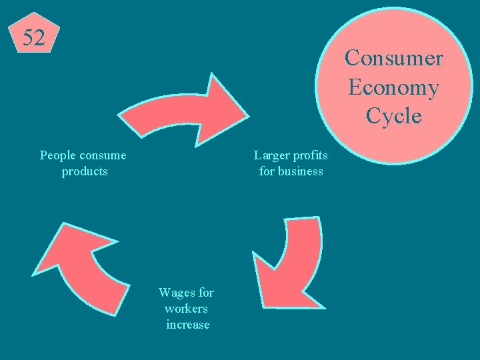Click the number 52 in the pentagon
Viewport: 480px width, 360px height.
[34, 38]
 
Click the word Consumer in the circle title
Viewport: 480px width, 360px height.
[393, 58]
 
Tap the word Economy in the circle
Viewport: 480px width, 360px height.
[393, 87]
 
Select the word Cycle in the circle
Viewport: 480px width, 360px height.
[393, 116]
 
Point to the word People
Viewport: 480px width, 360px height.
[57, 156]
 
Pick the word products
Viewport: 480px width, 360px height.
[85, 172]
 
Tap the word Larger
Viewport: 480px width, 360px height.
[271, 156]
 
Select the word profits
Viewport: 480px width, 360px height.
[311, 156]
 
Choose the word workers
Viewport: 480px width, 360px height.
[186, 309]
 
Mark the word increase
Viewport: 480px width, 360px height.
[187, 325]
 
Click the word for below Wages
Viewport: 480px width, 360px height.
[206, 293]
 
